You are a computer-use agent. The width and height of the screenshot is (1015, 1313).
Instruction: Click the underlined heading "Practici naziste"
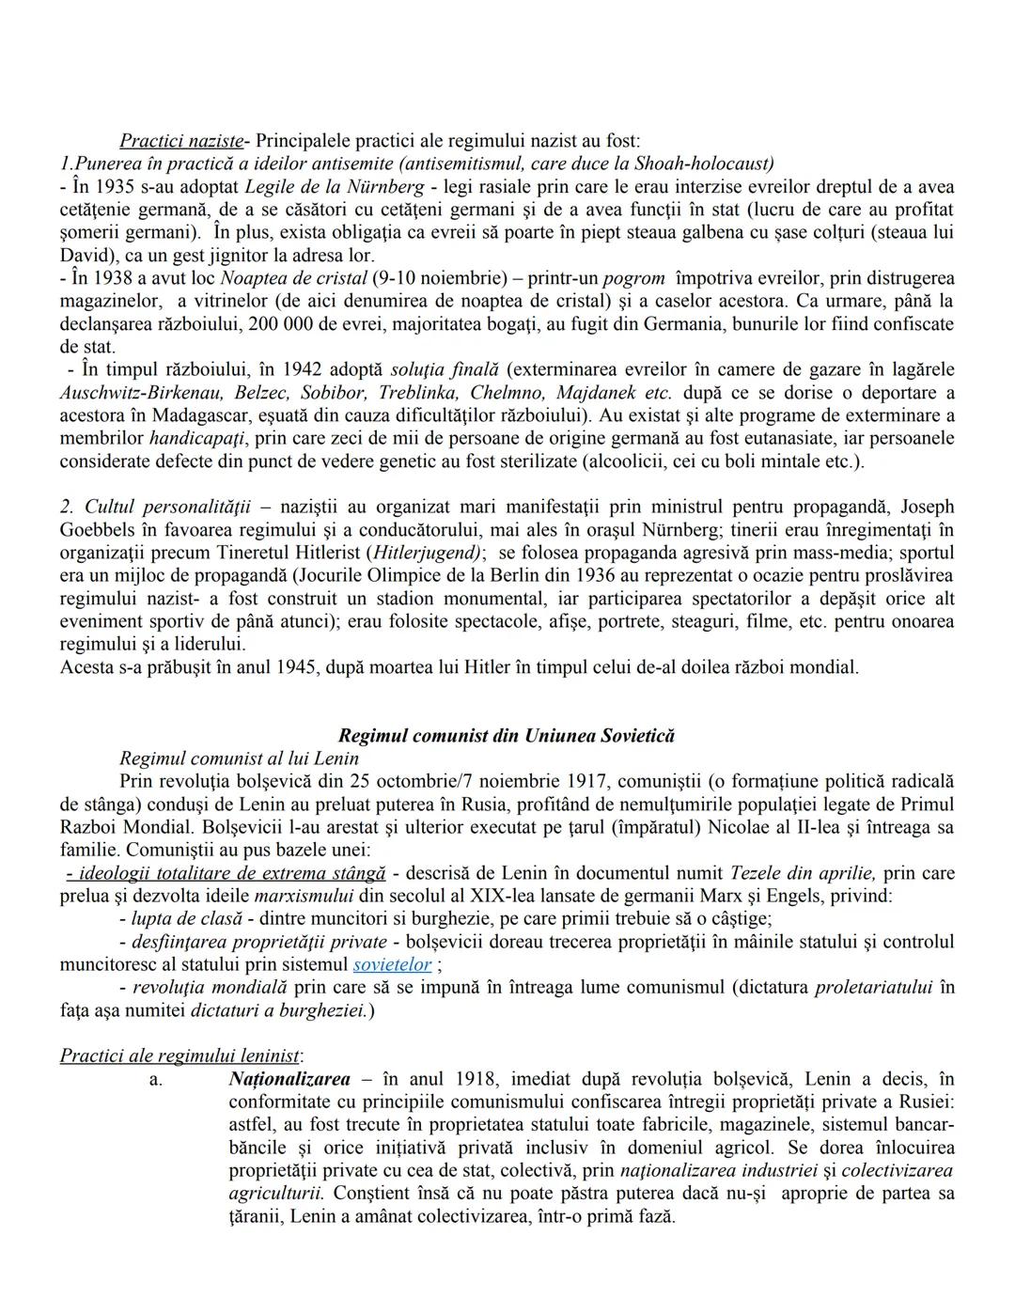[180, 141]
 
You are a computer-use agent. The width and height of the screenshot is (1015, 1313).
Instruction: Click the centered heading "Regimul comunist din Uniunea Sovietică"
[507, 736]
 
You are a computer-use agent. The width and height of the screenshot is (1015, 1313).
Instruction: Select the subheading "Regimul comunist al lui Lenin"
[239, 758]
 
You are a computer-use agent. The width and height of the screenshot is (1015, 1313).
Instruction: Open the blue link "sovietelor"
[392, 964]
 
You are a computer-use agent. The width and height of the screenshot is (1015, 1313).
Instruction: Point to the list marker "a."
[156, 1079]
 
